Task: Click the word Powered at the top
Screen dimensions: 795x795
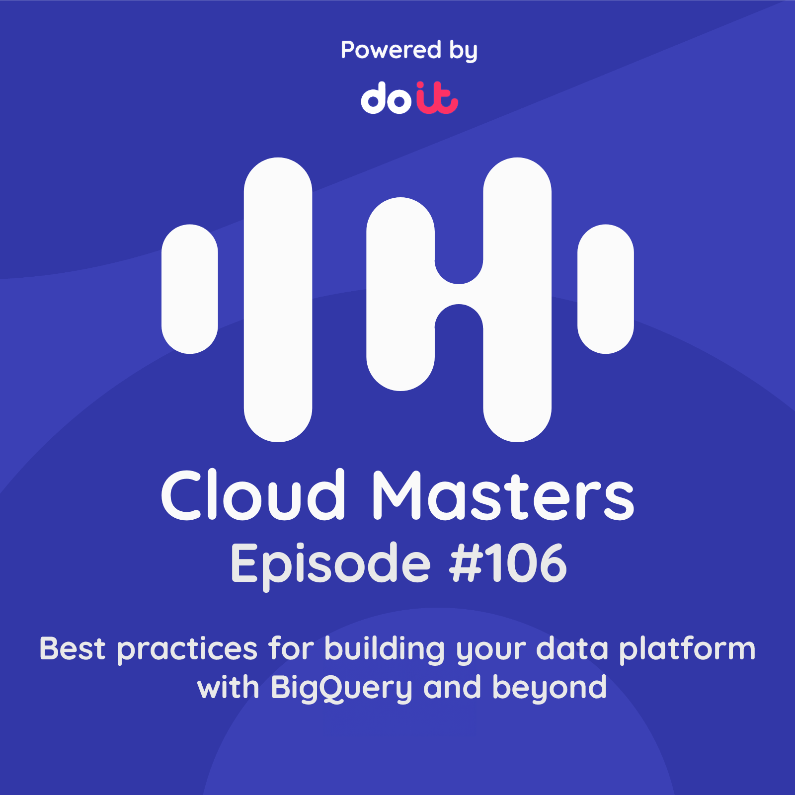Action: tap(391, 50)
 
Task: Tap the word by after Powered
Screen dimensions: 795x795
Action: tap(463, 51)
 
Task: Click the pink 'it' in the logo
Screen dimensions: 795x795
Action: tap(437, 98)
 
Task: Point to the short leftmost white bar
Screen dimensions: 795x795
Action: tap(190, 289)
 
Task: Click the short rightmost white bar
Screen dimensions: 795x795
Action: tap(605, 289)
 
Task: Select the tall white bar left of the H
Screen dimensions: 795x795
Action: tap(278, 299)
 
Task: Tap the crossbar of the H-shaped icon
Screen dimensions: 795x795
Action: tap(459, 294)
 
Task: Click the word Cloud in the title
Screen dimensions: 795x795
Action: tap(253, 495)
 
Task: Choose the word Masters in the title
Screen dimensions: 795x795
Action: tap(503, 495)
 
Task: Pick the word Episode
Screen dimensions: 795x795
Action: tap(330, 564)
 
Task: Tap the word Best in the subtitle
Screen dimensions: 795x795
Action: tap(73, 649)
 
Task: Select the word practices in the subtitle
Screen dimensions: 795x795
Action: tap(187, 650)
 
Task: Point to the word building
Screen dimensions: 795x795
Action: tap(385, 650)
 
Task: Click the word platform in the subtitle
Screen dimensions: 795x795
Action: tap(687, 650)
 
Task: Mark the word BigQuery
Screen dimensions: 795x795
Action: tap(341, 688)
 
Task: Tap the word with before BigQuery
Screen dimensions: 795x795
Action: tap(228, 688)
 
